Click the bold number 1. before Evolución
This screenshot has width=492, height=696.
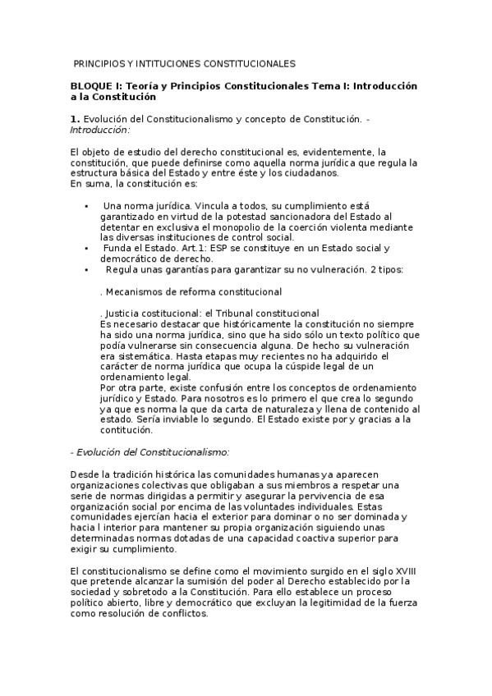pos(75,119)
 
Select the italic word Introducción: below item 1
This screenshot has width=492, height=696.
pos(100,130)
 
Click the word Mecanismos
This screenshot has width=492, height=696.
pos(135,291)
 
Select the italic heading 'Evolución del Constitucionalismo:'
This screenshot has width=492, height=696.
pos(151,452)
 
